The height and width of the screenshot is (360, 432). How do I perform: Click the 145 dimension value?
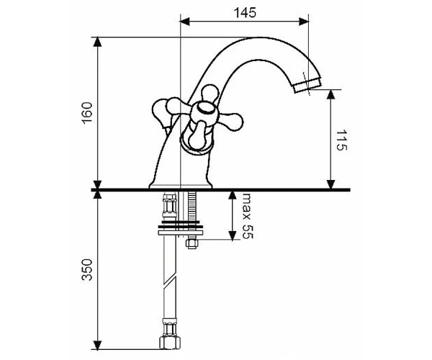pos(245,13)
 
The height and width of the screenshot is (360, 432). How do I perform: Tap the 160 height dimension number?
pos(87,113)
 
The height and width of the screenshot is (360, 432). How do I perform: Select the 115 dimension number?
pos(341,140)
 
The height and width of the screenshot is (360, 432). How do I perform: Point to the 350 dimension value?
pos(87,269)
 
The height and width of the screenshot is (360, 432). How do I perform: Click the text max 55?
pos(247,216)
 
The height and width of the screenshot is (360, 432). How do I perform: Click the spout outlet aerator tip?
pos(307,85)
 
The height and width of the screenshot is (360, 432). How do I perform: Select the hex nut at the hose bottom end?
pos(169,343)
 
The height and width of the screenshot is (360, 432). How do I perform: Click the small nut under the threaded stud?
pos(192,244)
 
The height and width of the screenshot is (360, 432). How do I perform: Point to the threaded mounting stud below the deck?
pos(192,215)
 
